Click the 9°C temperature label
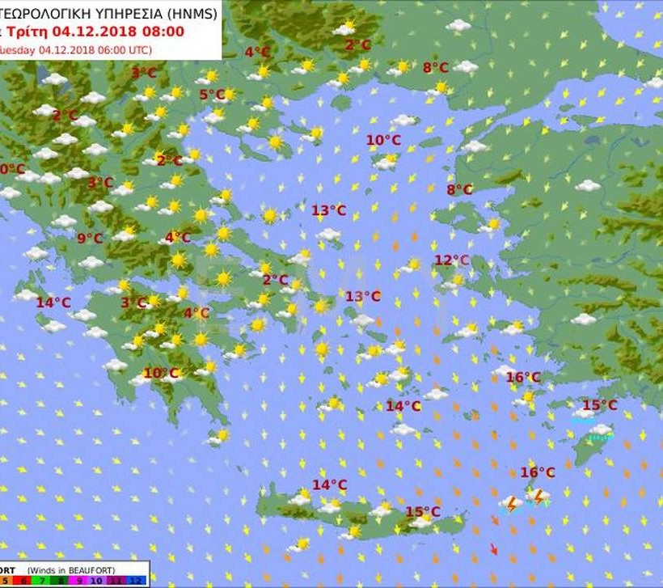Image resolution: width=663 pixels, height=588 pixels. coord(90,238)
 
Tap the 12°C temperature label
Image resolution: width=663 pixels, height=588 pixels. coord(451,260)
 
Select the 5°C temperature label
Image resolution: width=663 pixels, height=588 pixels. coord(212,95)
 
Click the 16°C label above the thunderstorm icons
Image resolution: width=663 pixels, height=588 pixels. coord(537,472)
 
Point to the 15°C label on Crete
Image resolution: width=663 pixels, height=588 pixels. coord(422,512)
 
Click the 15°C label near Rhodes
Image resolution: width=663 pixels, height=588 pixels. coord(599,405)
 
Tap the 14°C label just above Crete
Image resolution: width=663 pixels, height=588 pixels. coord(329,484)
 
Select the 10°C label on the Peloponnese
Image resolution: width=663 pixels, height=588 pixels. coord(160,373)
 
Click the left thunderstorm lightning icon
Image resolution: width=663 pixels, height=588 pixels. coord(511,503)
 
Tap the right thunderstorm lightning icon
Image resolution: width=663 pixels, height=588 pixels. coord(538,496)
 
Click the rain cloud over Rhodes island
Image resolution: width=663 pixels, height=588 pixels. coord(600,431)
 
